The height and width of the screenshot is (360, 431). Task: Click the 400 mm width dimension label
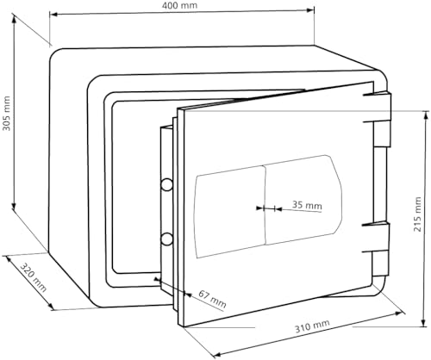pos(179,5)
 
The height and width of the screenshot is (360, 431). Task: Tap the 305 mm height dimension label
pos(6,114)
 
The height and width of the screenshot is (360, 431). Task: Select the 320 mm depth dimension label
pos(34,277)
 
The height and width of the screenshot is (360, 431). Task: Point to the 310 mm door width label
pos(312,326)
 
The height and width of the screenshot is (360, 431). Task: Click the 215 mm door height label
pos(417,214)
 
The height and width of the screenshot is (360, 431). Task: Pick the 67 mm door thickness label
pos(212,300)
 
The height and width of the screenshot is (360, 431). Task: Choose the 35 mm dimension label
pos(307,205)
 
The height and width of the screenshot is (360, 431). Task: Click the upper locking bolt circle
pos(166,184)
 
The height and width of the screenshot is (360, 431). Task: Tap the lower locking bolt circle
pos(166,239)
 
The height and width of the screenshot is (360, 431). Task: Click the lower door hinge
pos(380,249)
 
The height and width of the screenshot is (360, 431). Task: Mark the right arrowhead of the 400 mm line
pos(310,10)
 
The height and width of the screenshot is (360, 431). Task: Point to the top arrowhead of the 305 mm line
pos(14,18)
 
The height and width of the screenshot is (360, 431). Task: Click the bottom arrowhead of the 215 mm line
pos(424,322)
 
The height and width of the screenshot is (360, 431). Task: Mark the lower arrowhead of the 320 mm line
pos(51,307)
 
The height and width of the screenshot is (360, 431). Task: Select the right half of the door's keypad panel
pos(303,199)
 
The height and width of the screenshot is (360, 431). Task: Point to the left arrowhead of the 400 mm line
pos(53,14)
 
